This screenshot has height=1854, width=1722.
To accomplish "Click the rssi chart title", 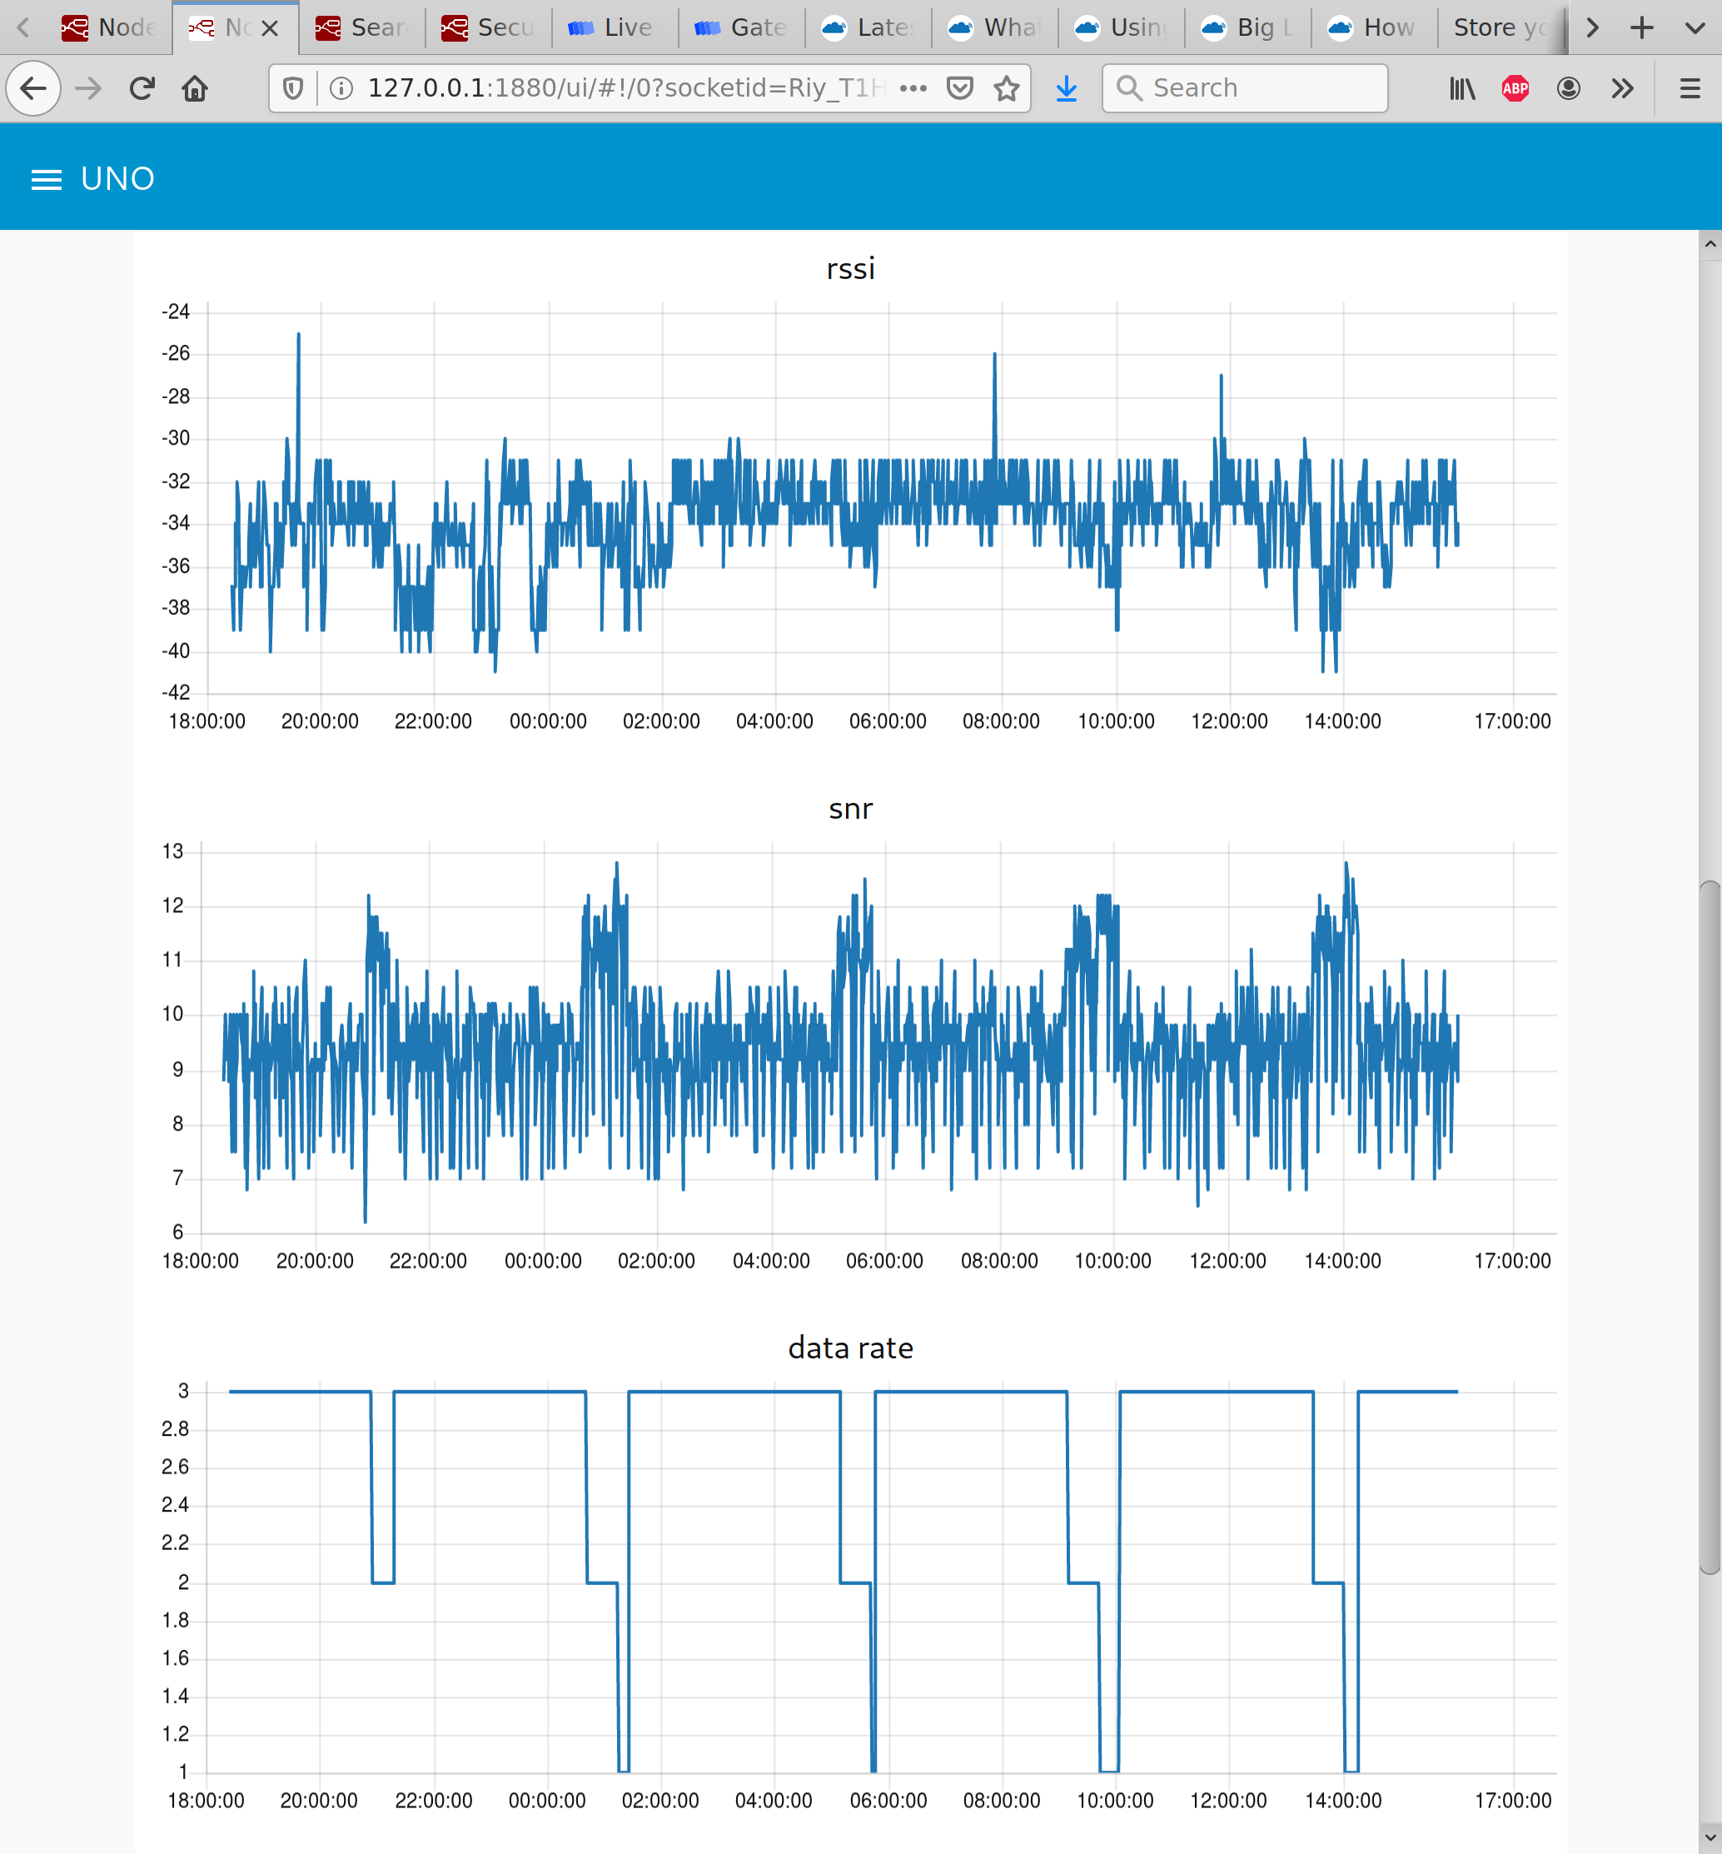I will [850, 269].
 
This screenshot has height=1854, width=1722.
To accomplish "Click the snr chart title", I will [850, 809].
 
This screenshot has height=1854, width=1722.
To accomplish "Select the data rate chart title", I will [850, 1348].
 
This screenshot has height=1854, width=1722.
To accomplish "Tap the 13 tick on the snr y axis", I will [173, 851].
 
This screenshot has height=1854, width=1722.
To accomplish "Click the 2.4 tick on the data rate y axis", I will [175, 1504].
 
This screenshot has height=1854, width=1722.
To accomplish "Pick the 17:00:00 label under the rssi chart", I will [1511, 721].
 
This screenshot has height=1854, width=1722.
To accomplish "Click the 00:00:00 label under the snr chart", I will [542, 1261].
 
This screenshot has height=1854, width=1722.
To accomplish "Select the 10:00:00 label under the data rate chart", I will [1114, 1801].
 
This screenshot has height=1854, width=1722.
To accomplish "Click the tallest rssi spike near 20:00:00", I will [298, 336].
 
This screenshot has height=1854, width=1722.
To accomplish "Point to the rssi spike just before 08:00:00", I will [994, 356].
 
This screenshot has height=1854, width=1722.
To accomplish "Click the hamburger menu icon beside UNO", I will [47, 179].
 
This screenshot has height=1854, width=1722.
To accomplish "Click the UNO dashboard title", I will [117, 179].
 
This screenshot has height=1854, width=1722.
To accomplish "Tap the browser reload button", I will [142, 88].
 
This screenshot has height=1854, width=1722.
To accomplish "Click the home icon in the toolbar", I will [195, 88].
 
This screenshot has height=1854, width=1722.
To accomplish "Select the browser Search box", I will [1244, 88].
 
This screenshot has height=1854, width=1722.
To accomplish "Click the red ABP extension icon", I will [1514, 88].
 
